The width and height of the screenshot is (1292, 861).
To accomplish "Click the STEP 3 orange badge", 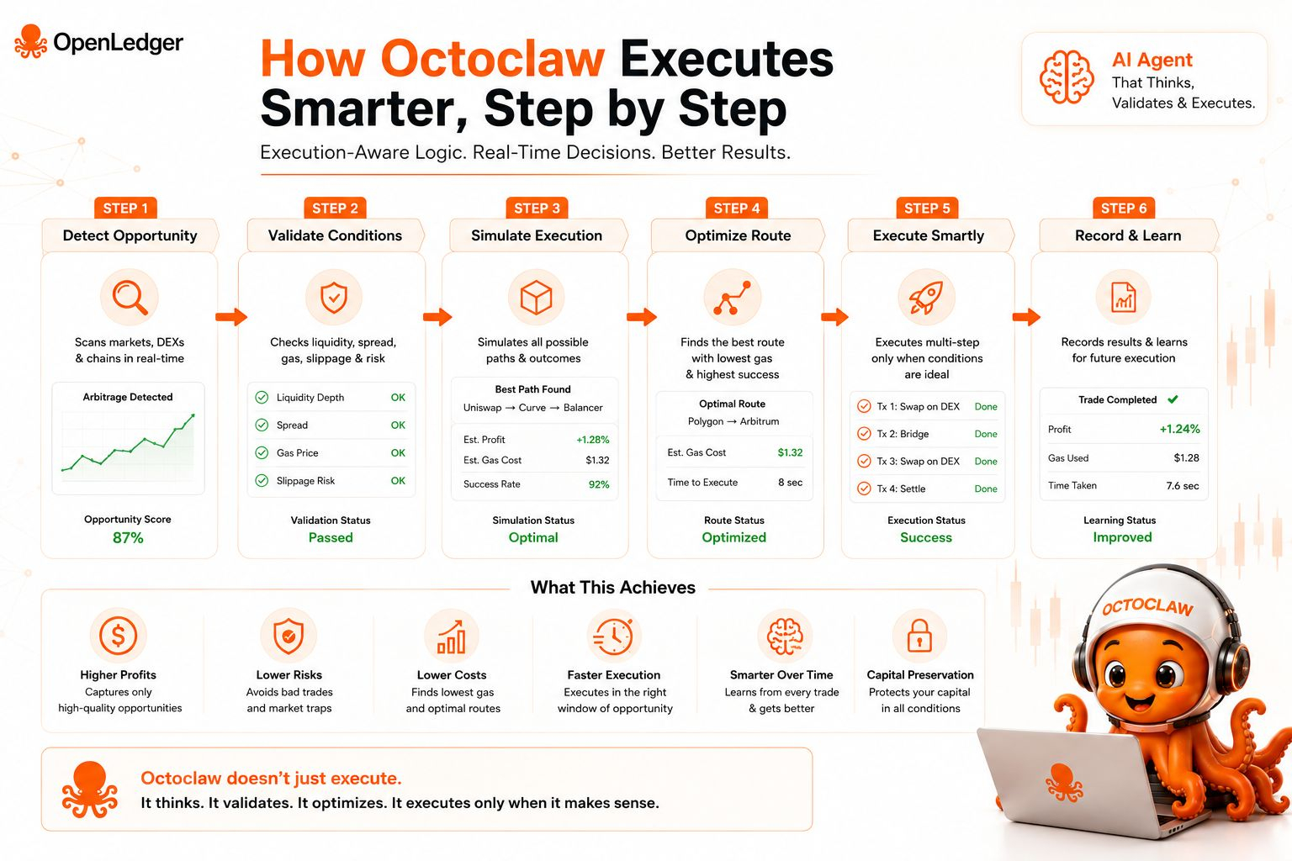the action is point(537,209).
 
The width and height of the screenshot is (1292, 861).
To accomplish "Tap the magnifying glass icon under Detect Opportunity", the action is point(130,298).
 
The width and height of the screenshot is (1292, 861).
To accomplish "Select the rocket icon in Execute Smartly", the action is point(926,298).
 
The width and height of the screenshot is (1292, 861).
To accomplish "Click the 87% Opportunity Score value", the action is point(128,537).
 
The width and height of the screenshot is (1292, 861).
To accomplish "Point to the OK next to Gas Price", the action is point(398,452).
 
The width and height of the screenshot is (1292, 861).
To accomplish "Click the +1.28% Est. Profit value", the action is point(592,440).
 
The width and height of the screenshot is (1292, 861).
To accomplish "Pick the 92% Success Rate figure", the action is point(599,484).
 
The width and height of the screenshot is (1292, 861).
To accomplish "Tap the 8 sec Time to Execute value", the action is point(790,482).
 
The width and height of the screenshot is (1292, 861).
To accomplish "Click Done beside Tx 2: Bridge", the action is point(986,434).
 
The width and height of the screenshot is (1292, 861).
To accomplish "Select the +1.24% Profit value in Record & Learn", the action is point(1179,429).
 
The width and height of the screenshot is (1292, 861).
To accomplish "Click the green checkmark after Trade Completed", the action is point(1173,399).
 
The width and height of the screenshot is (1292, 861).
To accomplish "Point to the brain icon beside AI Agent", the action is point(1067,77).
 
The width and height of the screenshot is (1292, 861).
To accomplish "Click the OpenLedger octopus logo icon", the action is point(30,41).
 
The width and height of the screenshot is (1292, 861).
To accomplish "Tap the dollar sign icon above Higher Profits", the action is point(119,636).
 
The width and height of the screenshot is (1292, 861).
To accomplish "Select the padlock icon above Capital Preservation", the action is point(919,636).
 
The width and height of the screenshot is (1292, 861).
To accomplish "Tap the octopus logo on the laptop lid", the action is point(1064,783).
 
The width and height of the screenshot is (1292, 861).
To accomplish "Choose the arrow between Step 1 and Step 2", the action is point(231,317).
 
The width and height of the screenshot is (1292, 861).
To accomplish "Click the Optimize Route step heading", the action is point(738,235).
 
